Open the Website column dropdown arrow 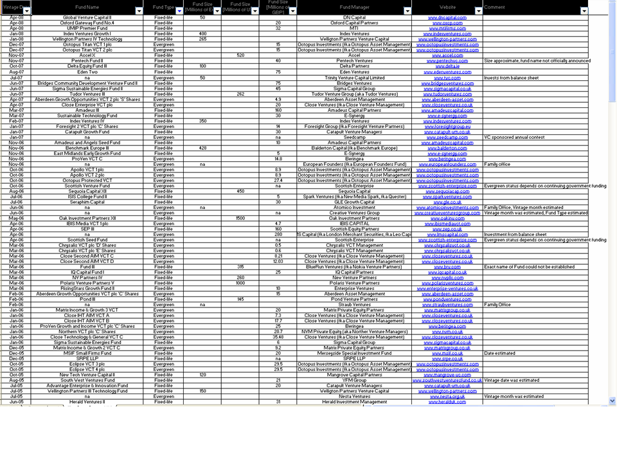(x=478, y=11)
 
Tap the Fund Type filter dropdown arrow (x=179, y=11)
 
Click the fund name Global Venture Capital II (x=87, y=17)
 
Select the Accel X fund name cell (x=87, y=55)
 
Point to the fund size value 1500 (x=240, y=218)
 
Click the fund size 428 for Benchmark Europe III (x=202, y=148)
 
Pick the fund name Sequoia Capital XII (x=87, y=191)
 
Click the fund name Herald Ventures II (x=87, y=402)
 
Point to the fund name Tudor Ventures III (x=87, y=93)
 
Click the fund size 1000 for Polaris (x=240, y=283)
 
